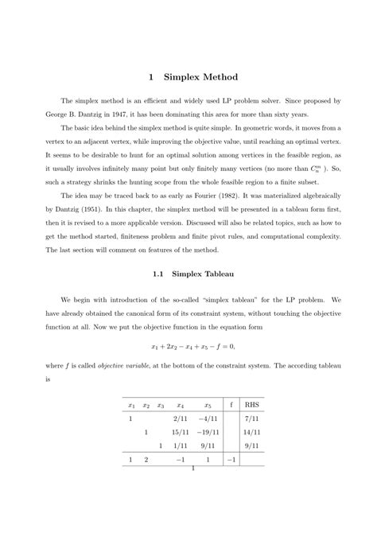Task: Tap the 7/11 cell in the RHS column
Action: tap(252, 417)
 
